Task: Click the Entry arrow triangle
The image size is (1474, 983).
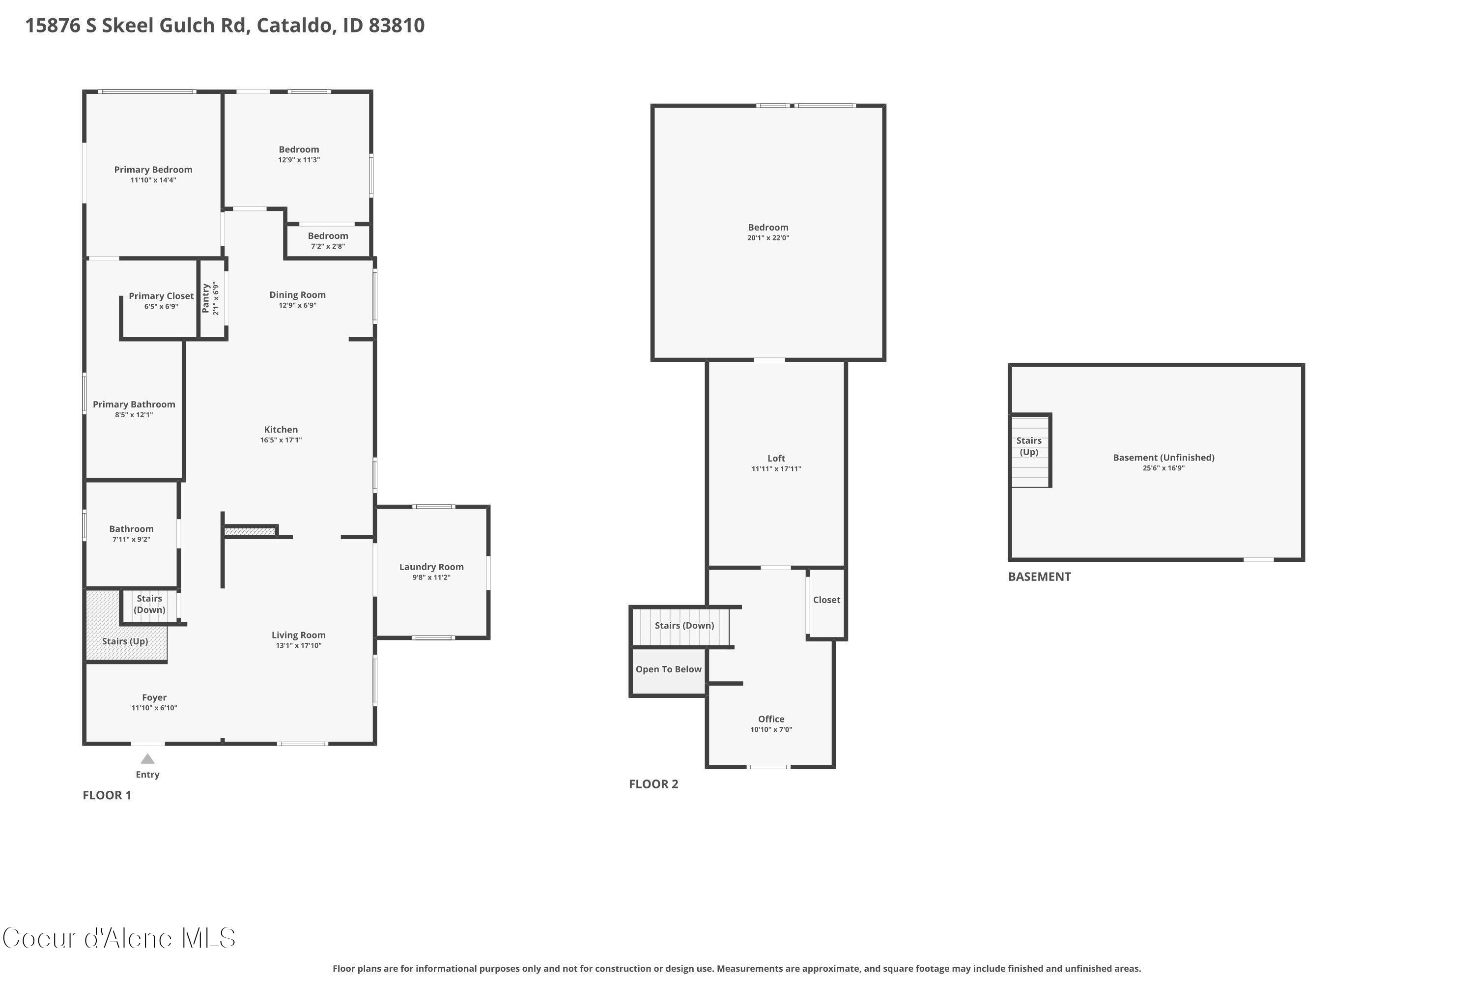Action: pyautogui.click(x=147, y=759)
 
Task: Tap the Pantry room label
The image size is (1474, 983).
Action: pyautogui.click(x=205, y=298)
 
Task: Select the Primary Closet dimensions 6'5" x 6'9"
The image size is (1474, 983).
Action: pyautogui.click(x=161, y=307)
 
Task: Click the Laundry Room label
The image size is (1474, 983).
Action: pyautogui.click(x=431, y=567)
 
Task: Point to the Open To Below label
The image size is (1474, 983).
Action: pyautogui.click(x=668, y=669)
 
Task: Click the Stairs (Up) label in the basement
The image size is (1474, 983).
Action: pyautogui.click(x=1028, y=446)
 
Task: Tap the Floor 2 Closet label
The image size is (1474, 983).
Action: pyautogui.click(x=826, y=600)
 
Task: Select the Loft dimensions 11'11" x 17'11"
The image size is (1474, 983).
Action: pyautogui.click(x=776, y=469)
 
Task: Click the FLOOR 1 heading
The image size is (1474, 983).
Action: pyautogui.click(x=107, y=795)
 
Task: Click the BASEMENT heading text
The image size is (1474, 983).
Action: pyautogui.click(x=1039, y=577)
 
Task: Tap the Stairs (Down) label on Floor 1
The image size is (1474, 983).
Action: pyautogui.click(x=149, y=605)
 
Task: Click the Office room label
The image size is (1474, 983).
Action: pyautogui.click(x=771, y=719)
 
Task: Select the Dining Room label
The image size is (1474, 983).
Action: pyautogui.click(x=297, y=294)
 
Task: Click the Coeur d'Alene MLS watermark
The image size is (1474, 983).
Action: pyautogui.click(x=119, y=938)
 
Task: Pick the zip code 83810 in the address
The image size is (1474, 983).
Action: pyautogui.click(x=396, y=26)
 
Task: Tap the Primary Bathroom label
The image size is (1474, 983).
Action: pyautogui.click(x=134, y=405)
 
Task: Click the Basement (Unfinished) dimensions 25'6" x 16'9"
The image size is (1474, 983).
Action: pyautogui.click(x=1163, y=468)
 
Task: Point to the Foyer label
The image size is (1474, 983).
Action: pyautogui.click(x=154, y=697)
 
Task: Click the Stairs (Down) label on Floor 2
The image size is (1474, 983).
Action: pyautogui.click(x=684, y=626)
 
